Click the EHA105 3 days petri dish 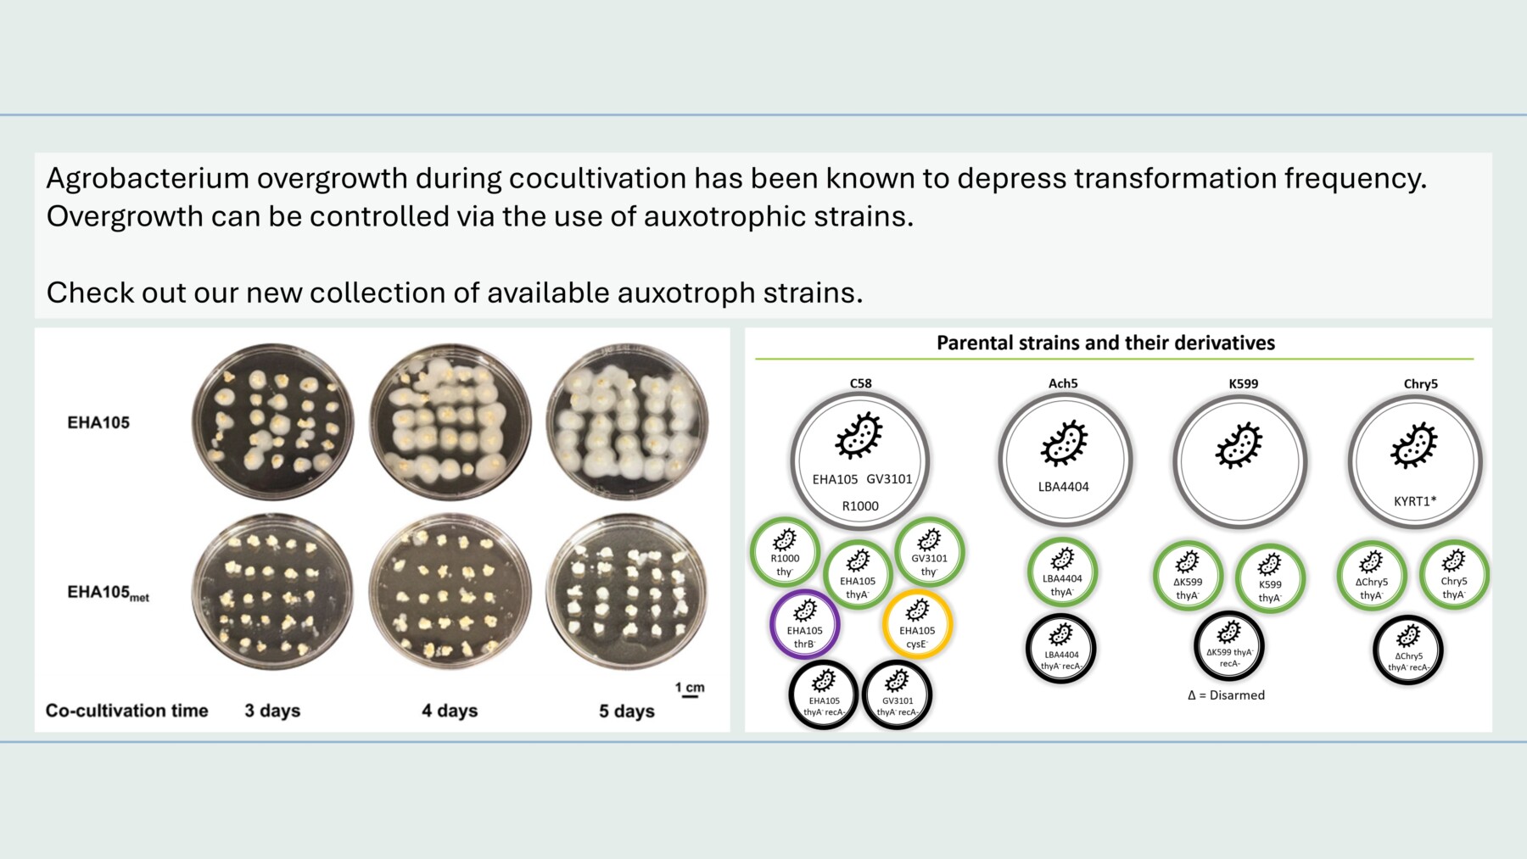[272, 421]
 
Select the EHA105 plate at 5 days [627, 421]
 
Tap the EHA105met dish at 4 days [450, 591]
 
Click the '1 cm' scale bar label [690, 687]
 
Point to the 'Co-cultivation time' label [126, 711]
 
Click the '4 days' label [450, 711]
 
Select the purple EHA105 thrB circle [804, 625]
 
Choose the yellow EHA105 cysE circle [917, 625]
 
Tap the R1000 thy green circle [785, 552]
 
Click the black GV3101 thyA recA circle [897, 694]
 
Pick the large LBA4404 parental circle [1064, 460]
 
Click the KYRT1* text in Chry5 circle [1415, 501]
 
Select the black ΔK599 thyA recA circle [1228, 646]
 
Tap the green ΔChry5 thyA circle [1371, 576]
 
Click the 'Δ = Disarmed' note [1226, 695]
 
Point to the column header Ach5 [1063, 383]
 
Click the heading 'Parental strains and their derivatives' [1105, 343]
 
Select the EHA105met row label [108, 593]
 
